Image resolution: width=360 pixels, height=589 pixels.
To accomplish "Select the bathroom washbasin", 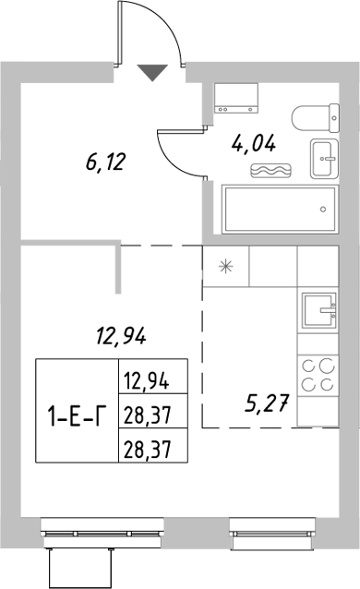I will click(x=324, y=161).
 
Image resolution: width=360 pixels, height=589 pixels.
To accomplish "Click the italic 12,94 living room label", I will click(x=119, y=336).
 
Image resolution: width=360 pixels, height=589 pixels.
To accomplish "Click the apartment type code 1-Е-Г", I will click(x=76, y=414).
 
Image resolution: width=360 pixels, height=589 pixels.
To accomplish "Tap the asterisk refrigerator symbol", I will click(x=225, y=268).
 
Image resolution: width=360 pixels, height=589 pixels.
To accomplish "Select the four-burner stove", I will click(x=318, y=378).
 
